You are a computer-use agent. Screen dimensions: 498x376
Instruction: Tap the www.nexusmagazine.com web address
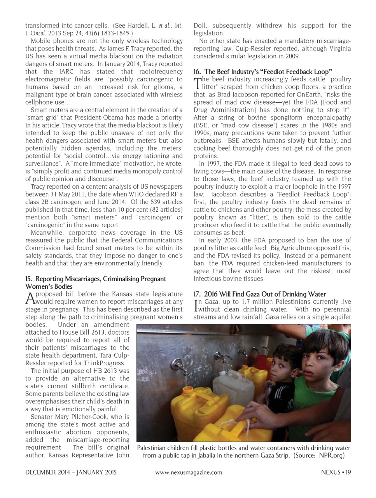[189, 472]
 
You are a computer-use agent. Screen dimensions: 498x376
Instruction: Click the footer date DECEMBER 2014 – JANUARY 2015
[71, 472]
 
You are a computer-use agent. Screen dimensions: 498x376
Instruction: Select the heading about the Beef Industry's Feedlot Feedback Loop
[262, 72]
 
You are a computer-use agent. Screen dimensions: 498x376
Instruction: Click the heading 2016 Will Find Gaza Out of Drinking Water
[259, 294]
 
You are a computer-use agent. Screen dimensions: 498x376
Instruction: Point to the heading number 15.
[28, 279]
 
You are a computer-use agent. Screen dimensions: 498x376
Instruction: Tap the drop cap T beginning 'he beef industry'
[198, 83]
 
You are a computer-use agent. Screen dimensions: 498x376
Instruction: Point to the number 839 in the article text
[157, 202]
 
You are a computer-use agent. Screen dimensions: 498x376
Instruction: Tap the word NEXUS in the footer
[331, 472]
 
